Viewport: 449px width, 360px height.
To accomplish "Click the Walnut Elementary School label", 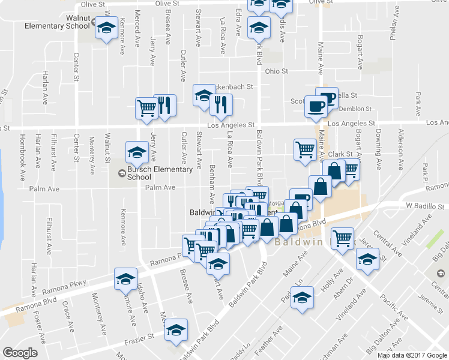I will point(58,22).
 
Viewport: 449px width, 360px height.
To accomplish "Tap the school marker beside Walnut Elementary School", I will point(107,29).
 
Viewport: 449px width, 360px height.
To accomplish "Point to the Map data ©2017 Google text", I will point(412,355).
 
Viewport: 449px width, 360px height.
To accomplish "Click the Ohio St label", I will point(277,71).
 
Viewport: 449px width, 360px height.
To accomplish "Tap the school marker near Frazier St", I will point(176,329).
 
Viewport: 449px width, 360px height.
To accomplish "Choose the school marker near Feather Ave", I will point(302,296).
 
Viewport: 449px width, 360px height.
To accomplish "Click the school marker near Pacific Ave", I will point(366,260).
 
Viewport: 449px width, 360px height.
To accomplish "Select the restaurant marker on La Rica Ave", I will point(221,104).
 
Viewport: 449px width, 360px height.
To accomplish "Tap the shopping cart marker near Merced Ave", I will point(146,107).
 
